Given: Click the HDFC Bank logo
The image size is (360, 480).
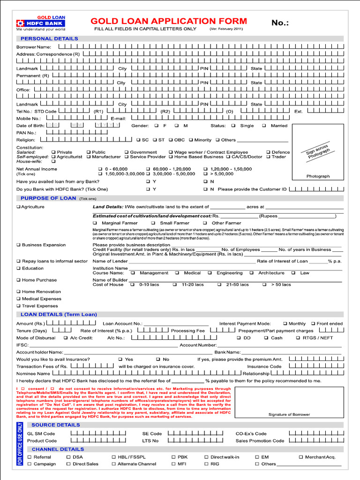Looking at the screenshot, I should click(41, 23).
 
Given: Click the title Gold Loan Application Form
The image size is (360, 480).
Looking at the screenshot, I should click(168, 21).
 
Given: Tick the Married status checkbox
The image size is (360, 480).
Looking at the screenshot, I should click(264, 126).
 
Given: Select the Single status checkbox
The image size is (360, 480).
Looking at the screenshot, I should click(233, 126).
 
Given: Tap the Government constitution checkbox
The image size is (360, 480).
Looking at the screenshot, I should click(126, 152).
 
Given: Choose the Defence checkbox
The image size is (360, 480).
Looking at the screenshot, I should click(268, 152).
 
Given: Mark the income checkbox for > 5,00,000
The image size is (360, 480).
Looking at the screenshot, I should click(206, 174).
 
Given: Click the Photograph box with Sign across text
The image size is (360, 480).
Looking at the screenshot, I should click(318, 152).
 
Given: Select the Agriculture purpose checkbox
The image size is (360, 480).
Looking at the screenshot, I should click(18, 207).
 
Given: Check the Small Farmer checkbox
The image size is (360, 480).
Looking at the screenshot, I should click(153, 223).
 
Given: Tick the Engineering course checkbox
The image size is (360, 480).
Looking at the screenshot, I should click(210, 273).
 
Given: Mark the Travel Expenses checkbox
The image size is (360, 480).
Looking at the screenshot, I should click(18, 306).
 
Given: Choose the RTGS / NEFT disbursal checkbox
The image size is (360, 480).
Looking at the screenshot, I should click(298, 337).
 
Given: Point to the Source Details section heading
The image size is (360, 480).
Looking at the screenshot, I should click(55, 425).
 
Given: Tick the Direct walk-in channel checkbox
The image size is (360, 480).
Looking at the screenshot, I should click(206, 457).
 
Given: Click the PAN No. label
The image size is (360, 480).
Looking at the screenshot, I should click(26, 133).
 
